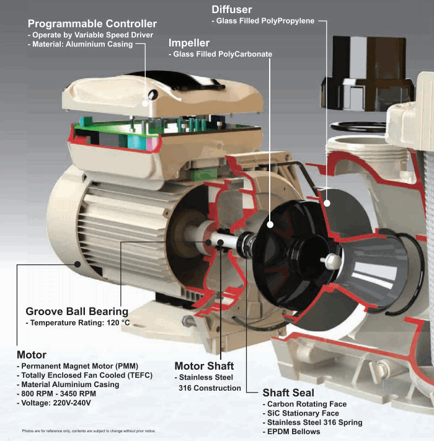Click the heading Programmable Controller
coord(92,24)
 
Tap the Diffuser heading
coord(232,9)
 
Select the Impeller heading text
coord(189,43)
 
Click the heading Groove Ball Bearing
coord(77,311)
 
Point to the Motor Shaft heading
coord(204,366)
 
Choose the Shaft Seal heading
coord(288,393)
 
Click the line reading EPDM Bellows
coord(291,432)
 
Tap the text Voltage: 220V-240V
coord(54,403)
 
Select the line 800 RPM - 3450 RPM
coord(56,394)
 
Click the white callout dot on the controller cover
coord(145,103)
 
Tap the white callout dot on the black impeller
coord(270,225)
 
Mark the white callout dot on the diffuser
coord(327,203)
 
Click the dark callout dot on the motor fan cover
coord(77,264)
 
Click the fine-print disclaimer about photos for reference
coord(89,431)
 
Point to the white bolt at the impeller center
coord(331,261)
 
